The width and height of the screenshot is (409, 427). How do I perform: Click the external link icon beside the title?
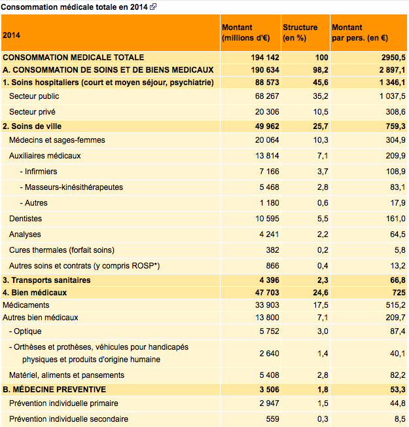click(x=152, y=7)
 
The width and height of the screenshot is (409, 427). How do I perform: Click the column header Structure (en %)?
click(x=300, y=32)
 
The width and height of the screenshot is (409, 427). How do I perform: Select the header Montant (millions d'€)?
click(x=246, y=32)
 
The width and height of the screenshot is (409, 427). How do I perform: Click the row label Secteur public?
click(x=34, y=96)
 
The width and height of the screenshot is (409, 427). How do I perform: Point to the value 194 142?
click(x=265, y=58)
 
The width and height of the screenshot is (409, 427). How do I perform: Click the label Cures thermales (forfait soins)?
click(x=62, y=250)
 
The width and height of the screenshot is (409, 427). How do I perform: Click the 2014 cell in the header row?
click(x=11, y=35)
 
